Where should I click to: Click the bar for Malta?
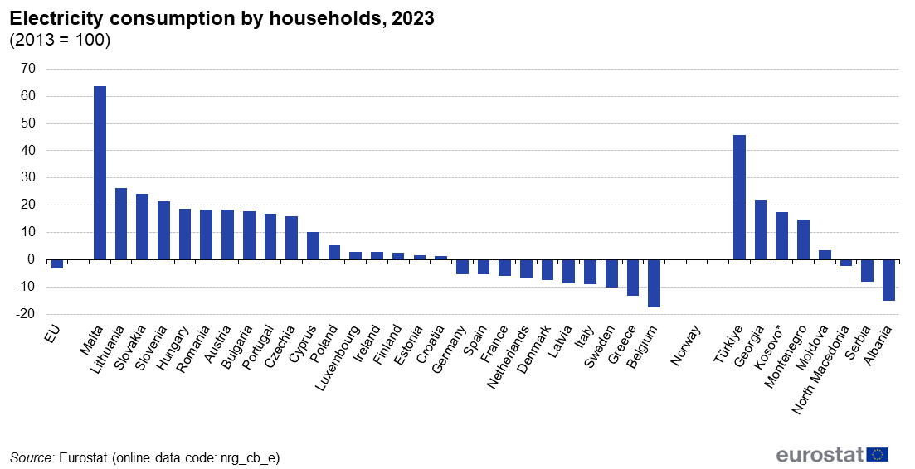point(100,172)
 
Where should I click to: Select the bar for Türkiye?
point(739,197)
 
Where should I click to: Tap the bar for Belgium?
point(654,283)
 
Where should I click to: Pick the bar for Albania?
point(888,280)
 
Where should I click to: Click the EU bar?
point(57,264)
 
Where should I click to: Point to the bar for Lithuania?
point(121,224)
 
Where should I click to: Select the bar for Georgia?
point(761,230)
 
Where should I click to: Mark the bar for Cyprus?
point(313,245)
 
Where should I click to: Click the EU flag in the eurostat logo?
point(878,454)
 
